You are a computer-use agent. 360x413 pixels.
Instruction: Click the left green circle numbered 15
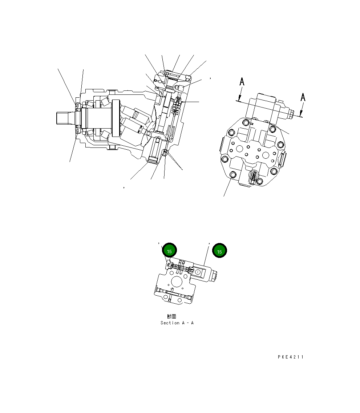(169, 250)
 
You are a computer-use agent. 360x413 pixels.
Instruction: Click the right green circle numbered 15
(219, 251)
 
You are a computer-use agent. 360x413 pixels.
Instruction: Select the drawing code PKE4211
(290, 357)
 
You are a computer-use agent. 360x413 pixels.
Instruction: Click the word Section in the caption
(170, 323)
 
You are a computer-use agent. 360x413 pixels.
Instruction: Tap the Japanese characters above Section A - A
(171, 316)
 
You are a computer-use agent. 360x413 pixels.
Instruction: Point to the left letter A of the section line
(242, 82)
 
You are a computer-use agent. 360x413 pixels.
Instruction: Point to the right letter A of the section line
(303, 97)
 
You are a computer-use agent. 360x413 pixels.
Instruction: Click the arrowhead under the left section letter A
(239, 98)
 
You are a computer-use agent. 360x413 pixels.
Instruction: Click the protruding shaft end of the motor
(65, 118)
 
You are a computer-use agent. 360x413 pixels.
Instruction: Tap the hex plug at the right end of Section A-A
(214, 276)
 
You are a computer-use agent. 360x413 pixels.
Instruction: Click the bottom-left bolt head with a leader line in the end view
(233, 176)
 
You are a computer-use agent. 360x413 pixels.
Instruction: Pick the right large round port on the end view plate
(266, 155)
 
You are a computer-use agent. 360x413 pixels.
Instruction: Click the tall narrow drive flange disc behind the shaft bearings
(116, 118)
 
